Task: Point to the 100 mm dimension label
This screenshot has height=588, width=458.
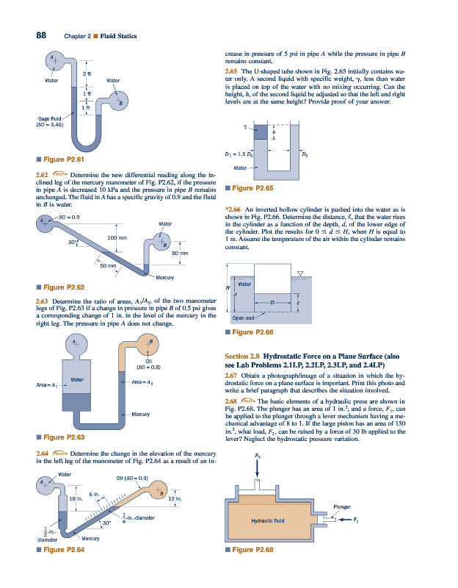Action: pos(117,238)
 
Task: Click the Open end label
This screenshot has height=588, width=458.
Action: pos(243,318)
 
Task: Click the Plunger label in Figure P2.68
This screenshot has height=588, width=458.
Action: pos(343,506)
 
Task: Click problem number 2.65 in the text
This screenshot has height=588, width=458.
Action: pos(235,71)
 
